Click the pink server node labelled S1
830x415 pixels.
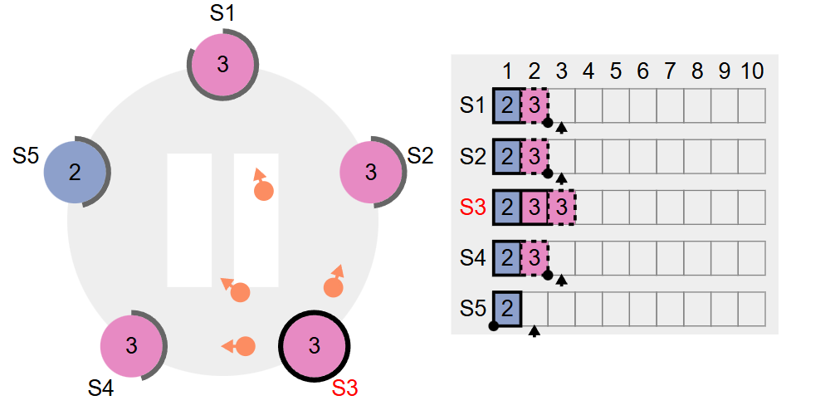click(x=222, y=64)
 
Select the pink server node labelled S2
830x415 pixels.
click(x=371, y=172)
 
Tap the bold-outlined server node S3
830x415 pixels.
click(x=314, y=345)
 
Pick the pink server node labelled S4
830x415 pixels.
click(x=131, y=345)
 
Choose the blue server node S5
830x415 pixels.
click(x=75, y=172)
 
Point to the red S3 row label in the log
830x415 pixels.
click(x=472, y=207)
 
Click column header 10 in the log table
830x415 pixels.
click(x=752, y=71)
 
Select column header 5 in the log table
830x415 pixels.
click(x=615, y=71)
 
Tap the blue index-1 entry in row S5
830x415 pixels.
click(x=507, y=307)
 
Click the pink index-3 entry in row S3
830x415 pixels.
click(x=562, y=207)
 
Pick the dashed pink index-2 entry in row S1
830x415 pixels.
click(x=535, y=105)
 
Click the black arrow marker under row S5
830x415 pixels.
click(x=535, y=331)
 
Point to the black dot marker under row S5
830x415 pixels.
click(x=494, y=326)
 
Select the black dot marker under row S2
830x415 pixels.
click(x=548, y=173)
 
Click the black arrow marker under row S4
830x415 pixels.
click(x=562, y=280)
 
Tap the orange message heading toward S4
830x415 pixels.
click(x=244, y=345)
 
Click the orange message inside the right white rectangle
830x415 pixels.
click(x=263, y=191)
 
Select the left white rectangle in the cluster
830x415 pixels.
click(x=189, y=220)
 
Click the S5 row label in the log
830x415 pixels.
click(x=472, y=307)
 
